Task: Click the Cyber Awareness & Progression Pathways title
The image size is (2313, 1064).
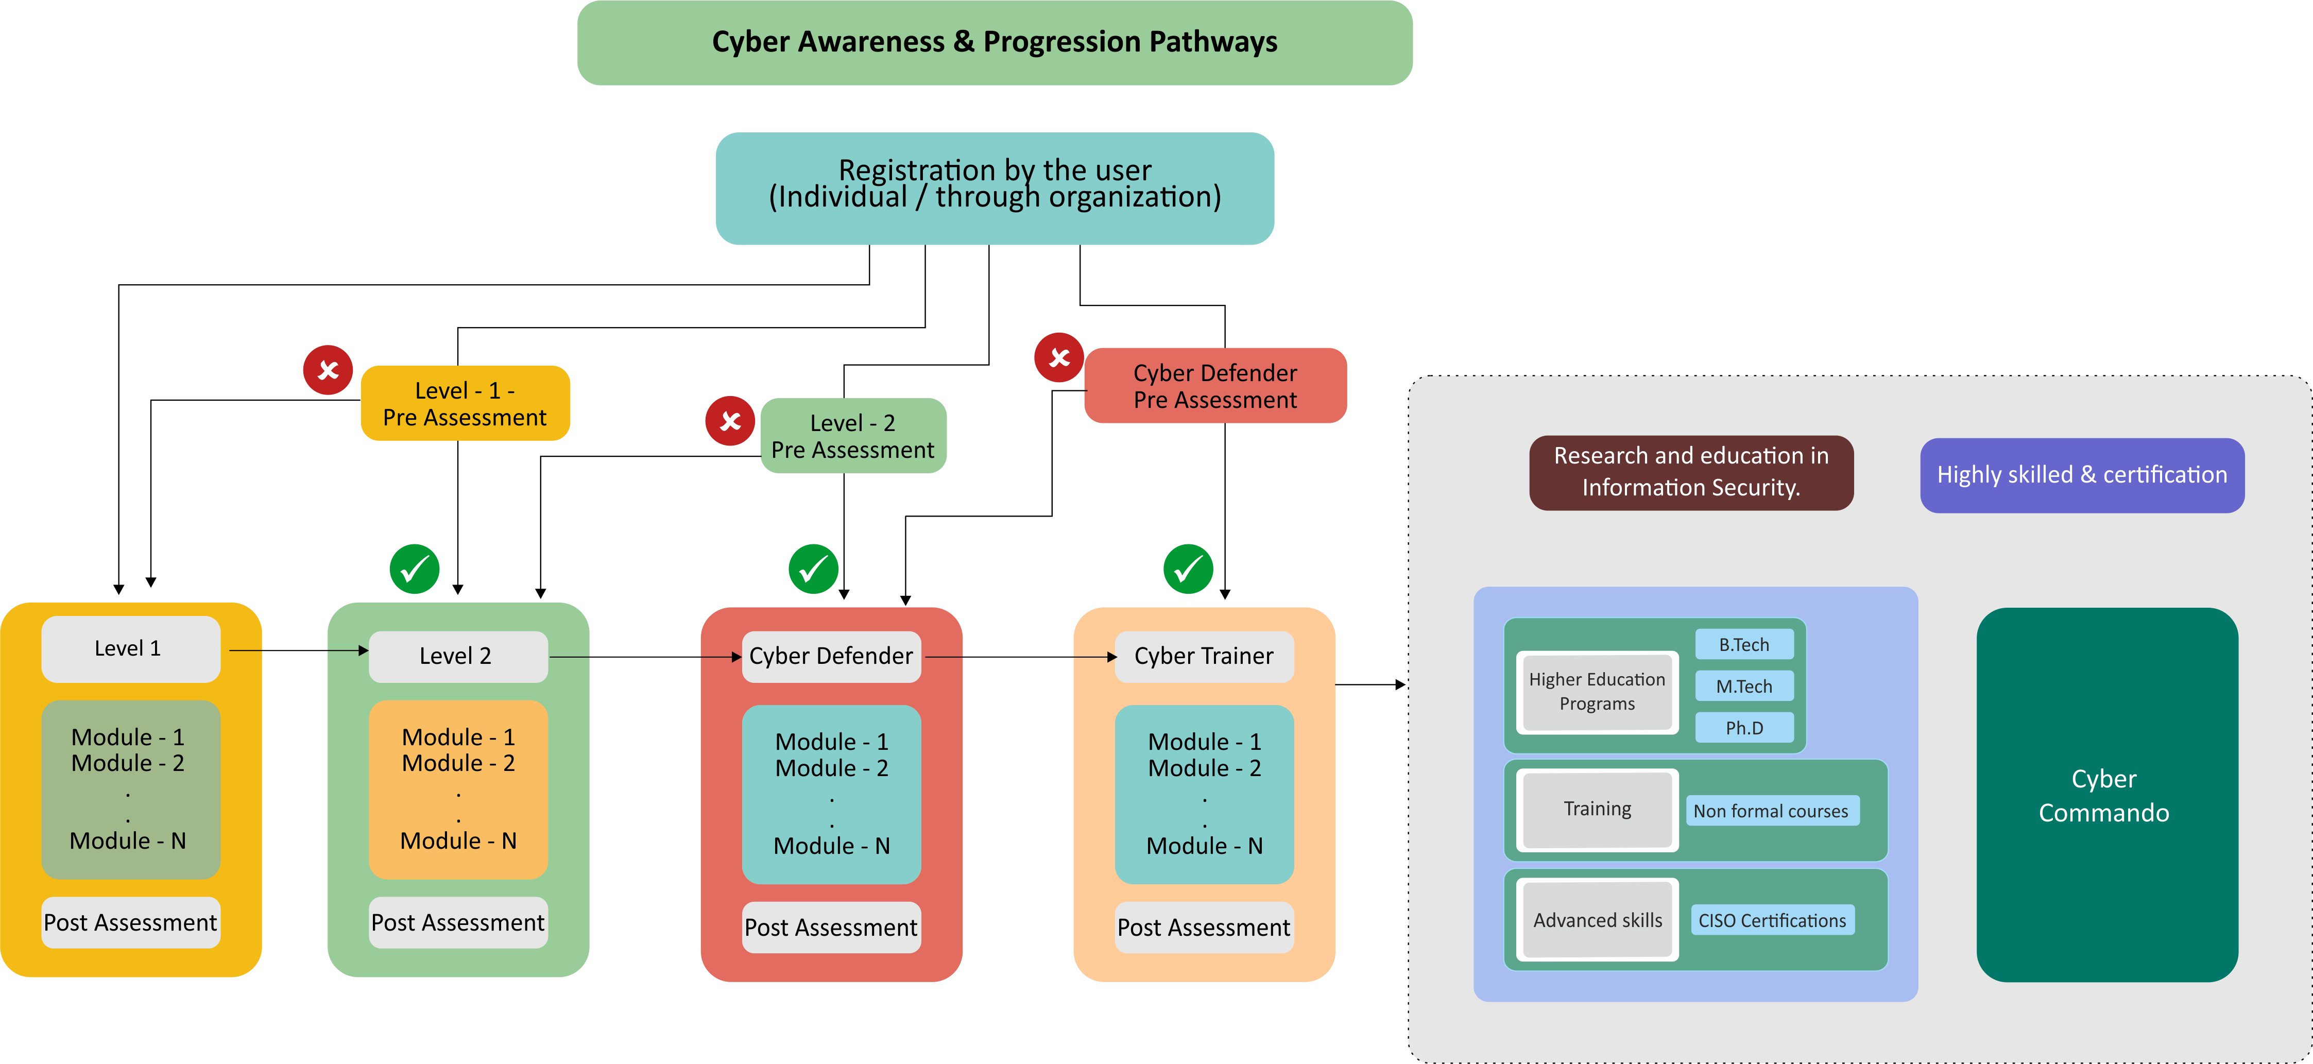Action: pos(994,42)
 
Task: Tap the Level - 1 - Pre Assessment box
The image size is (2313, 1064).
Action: pos(464,403)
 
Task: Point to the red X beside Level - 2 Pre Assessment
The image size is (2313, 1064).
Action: pos(730,420)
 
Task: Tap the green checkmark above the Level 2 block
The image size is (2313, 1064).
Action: pos(414,569)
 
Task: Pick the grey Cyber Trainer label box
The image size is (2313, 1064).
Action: pos(1203,656)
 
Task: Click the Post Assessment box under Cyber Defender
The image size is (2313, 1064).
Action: pos(831,928)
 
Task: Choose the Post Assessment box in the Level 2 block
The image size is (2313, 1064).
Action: pos(458,922)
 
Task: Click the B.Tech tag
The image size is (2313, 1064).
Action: pos(1744,645)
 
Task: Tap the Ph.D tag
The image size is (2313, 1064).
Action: pos(1744,727)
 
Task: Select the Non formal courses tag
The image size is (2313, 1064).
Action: pos(1771,811)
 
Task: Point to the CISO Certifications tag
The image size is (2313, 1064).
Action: pos(1772,920)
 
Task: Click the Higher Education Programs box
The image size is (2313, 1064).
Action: pos(1597,691)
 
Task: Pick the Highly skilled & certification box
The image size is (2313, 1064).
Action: pos(2081,475)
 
